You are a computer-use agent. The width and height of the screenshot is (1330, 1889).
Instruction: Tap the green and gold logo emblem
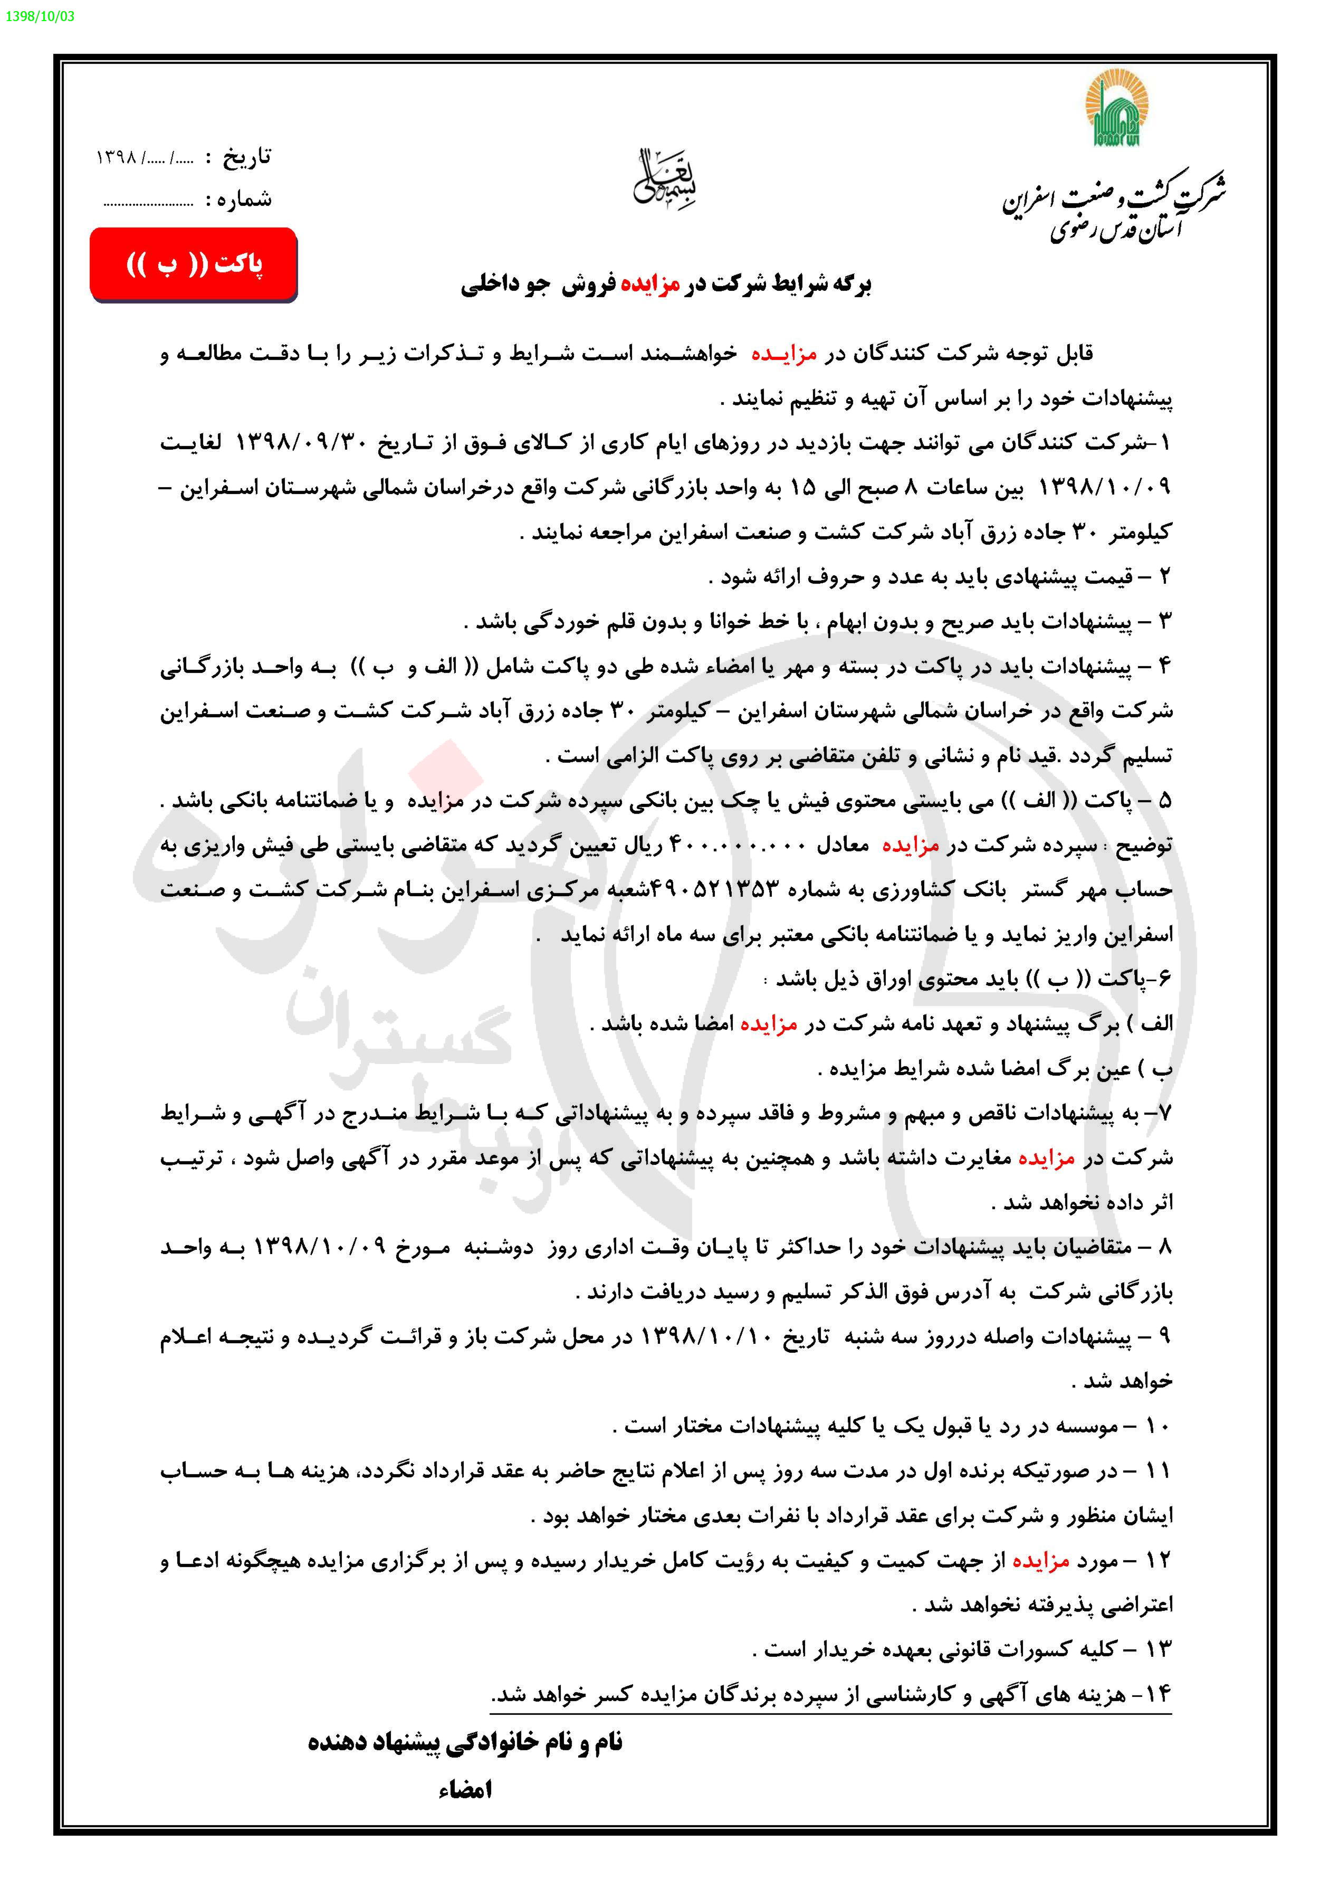coord(1117,108)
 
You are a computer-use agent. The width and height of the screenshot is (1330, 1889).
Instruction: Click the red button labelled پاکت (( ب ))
coord(193,264)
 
